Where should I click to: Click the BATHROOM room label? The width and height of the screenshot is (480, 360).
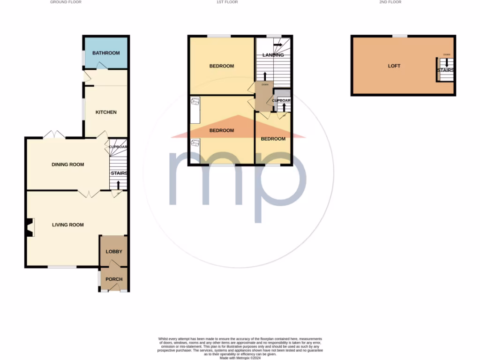(106, 53)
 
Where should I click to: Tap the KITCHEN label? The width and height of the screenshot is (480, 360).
(106, 112)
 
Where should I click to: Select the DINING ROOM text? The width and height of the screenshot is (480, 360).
(68, 165)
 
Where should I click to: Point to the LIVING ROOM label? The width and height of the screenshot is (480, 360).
(68, 225)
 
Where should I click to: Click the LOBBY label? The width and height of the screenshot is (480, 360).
(114, 252)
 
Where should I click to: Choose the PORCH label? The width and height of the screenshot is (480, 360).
(114, 279)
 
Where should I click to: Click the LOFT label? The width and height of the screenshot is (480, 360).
(394, 66)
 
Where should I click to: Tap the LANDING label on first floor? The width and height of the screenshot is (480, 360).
(273, 55)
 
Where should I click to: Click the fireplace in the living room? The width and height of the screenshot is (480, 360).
(30, 227)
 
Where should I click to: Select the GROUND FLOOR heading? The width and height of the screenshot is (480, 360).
(66, 2)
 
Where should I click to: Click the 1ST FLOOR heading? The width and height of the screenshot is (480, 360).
(227, 2)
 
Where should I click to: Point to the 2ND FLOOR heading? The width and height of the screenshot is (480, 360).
(390, 2)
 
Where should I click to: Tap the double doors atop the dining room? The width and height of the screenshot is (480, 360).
(54, 135)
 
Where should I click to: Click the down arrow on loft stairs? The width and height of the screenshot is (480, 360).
(447, 62)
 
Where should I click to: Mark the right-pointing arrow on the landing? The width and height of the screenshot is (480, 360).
(278, 45)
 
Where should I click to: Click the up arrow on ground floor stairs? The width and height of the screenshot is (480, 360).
(118, 185)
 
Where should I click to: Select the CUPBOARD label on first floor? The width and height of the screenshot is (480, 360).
(282, 101)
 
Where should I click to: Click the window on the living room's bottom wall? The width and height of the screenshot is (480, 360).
(62, 267)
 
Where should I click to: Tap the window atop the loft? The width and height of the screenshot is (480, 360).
(400, 36)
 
